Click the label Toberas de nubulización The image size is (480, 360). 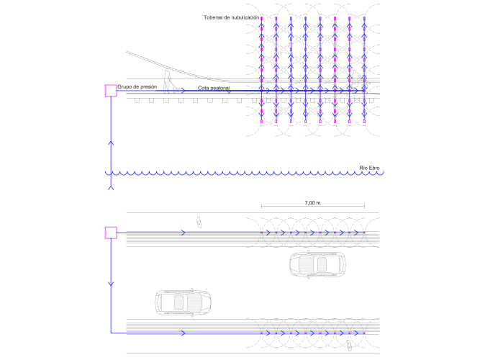click(x=231, y=17)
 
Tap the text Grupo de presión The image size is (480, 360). click(x=137, y=86)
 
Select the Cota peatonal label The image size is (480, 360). click(x=214, y=89)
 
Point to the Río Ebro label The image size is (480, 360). click(x=371, y=168)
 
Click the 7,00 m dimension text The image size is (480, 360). click(x=312, y=203)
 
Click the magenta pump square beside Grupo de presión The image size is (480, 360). click(x=111, y=90)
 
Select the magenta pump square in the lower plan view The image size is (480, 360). click(x=111, y=232)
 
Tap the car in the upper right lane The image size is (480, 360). click(x=316, y=264)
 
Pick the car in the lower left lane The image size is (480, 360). click(x=184, y=301)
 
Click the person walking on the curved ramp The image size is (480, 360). click(x=167, y=81)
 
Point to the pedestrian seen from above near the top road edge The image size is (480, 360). click(x=198, y=222)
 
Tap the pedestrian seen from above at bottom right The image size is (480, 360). click(x=350, y=346)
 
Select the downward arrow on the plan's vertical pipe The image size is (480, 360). click(x=111, y=284)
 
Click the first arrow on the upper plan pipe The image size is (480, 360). click(x=184, y=233)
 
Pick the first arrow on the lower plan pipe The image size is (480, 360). click(x=184, y=333)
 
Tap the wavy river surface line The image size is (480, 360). click(x=237, y=174)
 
